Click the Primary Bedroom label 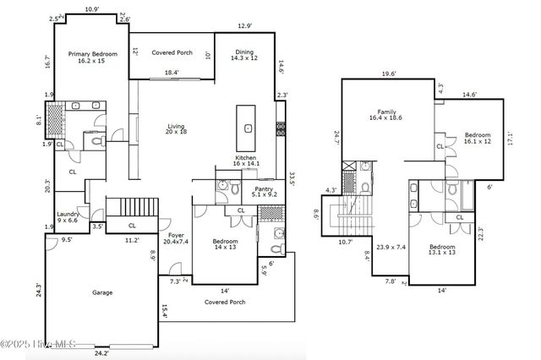pos(92,57)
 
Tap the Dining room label pos(243,56)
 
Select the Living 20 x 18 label pos(175,130)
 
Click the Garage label pos(102,292)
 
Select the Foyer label pos(176,238)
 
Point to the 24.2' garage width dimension pos(101,352)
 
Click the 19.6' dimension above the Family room pos(388,74)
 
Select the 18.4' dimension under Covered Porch pos(172,73)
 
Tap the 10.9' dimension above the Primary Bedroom pos(91,9)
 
